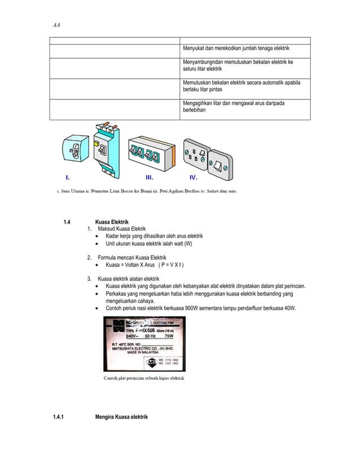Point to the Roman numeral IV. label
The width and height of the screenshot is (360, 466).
194,176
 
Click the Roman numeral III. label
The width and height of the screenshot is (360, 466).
134,176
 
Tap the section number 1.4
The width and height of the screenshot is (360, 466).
66,222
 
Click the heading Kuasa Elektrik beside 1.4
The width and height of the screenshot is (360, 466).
112,222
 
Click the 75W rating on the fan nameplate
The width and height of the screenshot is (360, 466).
169,334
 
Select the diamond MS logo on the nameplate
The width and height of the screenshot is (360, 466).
152,361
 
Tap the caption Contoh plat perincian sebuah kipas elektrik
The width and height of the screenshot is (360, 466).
144,378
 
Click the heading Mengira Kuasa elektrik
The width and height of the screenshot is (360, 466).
121,417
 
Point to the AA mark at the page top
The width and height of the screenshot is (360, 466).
56,25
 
